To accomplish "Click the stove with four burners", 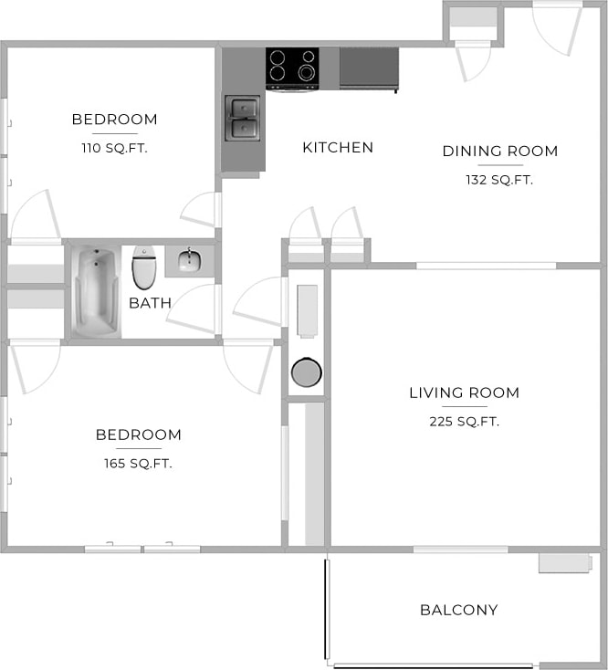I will pos(292,68).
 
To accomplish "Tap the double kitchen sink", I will pos(243,119).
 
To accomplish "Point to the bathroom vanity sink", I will pos(189,262).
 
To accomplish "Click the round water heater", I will pos(306,372).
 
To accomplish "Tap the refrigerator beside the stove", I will pos(369,68).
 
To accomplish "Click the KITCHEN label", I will pos(338,147).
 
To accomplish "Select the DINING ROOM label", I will pos(499,152).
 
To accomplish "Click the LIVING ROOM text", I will pos(464,393).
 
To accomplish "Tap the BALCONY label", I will pos(458,610).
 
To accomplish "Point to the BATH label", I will pos(150,303).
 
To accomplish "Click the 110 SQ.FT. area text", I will pos(114,148).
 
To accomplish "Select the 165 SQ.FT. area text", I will pos(138,464).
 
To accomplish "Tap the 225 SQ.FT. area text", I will pos(464,422).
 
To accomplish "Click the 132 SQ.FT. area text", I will pos(499,180).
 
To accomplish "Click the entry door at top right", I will pos(556,27).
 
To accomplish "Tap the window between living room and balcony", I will pos(460,550).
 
